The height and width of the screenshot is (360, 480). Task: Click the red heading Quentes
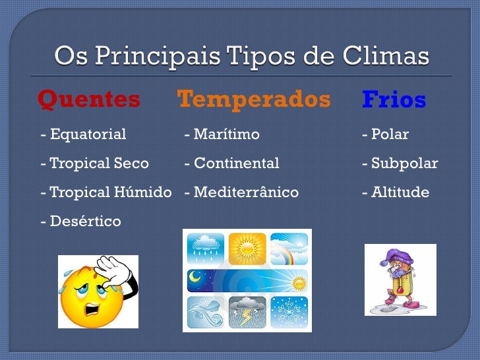click(x=89, y=100)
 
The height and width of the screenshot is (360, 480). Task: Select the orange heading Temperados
click(x=254, y=100)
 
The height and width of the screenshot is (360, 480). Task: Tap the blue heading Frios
click(x=394, y=100)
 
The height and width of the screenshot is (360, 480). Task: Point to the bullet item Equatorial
click(x=84, y=135)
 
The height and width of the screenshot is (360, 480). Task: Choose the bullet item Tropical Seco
click(x=95, y=164)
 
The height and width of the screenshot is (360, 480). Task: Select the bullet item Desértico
click(x=81, y=222)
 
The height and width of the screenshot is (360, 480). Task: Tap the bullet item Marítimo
click(x=222, y=135)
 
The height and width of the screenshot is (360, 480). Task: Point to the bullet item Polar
click(x=386, y=135)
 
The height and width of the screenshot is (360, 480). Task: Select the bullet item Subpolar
click(x=400, y=164)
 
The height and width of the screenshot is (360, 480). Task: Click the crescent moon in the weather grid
click(x=195, y=279)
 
